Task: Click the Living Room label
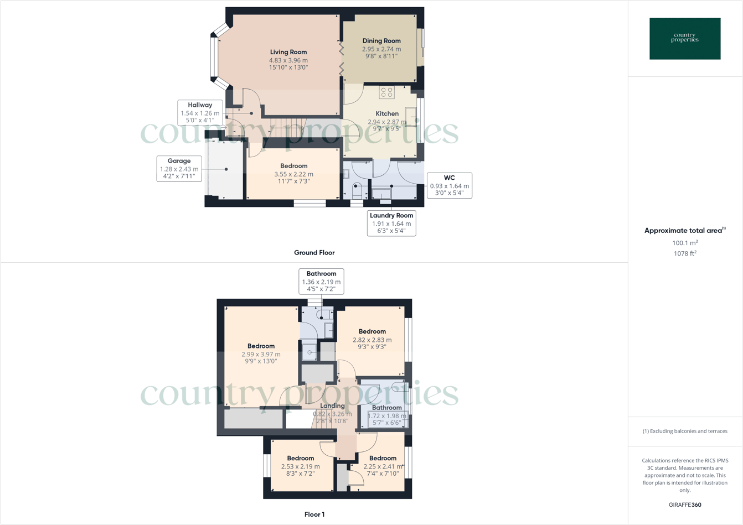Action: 288,52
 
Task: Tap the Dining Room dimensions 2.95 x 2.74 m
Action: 381,49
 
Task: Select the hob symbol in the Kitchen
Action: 386,92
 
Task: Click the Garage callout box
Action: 179,169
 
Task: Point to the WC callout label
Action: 449,185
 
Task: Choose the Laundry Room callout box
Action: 391,223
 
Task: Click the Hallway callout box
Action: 200,112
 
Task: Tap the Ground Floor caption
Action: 314,252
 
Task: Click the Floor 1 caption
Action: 314,514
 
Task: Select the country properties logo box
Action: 685,39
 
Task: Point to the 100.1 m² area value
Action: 685,243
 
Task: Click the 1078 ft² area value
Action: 685,253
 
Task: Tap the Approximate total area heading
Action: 685,231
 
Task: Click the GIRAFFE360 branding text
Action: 685,505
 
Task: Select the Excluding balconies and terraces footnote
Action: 685,431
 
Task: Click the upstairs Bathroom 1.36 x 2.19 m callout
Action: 321,281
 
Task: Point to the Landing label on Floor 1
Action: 332,406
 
